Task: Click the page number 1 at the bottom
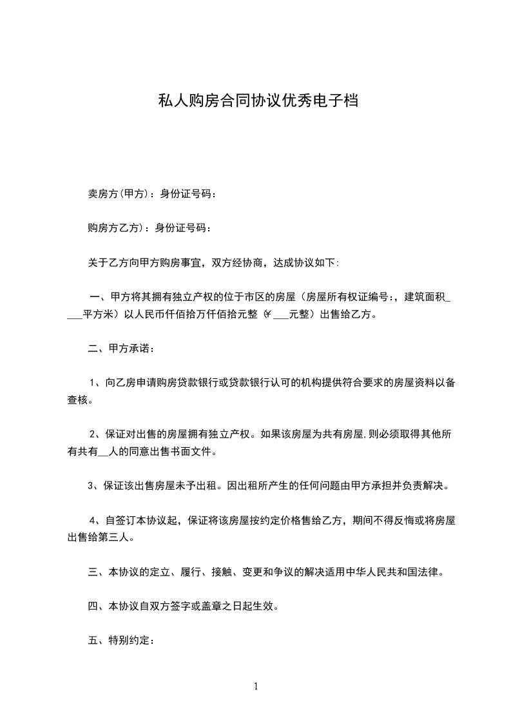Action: pos(256,686)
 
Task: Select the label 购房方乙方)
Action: pos(115,228)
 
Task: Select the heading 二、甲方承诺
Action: pos(121,350)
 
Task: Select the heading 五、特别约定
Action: pos(121,642)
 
